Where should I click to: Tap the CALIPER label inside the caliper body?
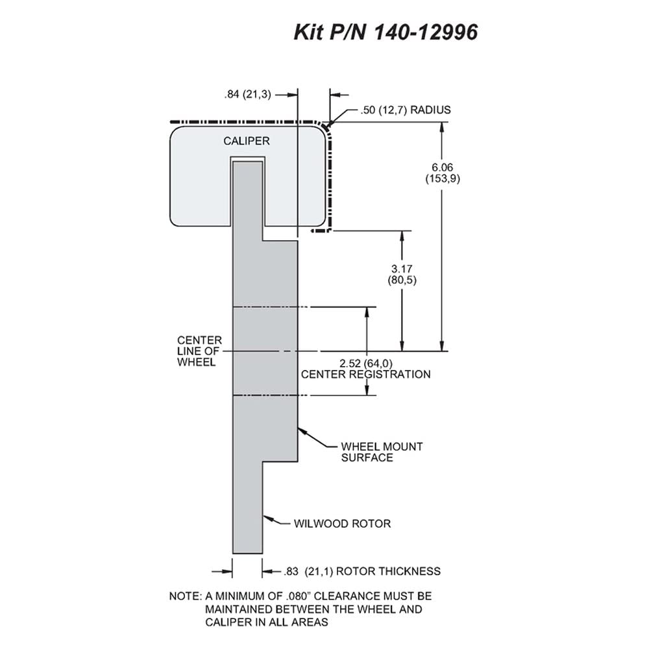tap(246, 141)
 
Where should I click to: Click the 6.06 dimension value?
tap(443, 167)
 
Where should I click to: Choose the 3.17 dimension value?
tap(402, 269)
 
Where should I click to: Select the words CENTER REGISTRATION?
tap(365, 374)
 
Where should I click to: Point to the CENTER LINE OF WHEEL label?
tap(199, 351)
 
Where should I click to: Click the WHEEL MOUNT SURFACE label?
tap(382, 452)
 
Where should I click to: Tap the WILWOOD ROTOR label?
tap(342, 524)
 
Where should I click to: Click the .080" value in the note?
tap(298, 596)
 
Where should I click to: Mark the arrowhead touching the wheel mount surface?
tap(302, 431)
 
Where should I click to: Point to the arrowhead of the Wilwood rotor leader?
tap(267, 518)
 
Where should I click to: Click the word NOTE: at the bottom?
tap(185, 596)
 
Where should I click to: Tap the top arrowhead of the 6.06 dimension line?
tap(442, 127)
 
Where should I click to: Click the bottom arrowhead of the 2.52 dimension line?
tap(367, 390)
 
